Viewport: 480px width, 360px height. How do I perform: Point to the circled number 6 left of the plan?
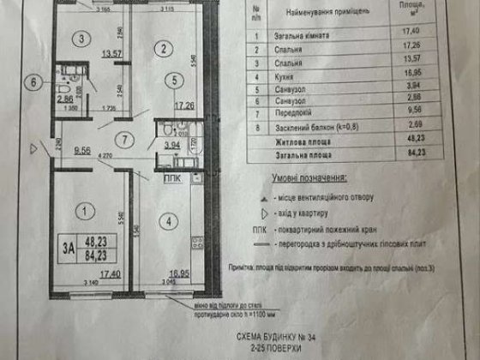coord(34,83)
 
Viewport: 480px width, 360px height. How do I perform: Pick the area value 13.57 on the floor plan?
coord(109,53)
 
